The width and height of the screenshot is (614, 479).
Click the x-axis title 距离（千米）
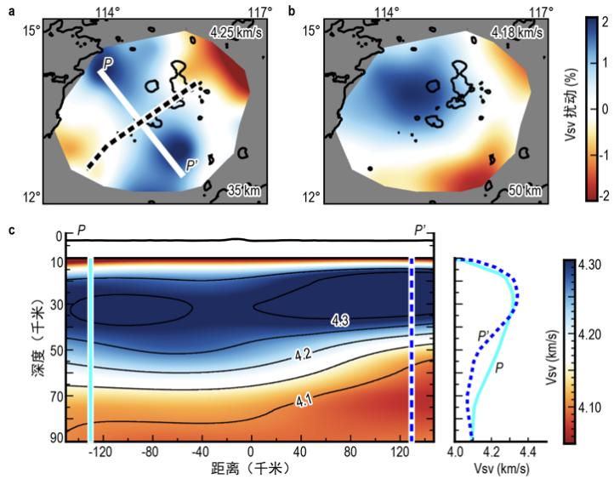click(248, 468)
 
